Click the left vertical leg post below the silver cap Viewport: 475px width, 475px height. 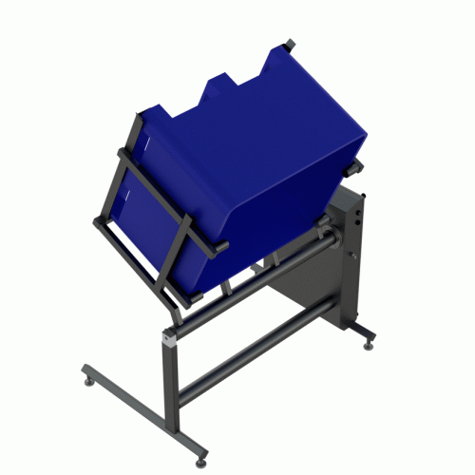172,380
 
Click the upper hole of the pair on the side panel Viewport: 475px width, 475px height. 356,215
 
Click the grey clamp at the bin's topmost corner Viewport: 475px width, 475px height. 289,44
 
